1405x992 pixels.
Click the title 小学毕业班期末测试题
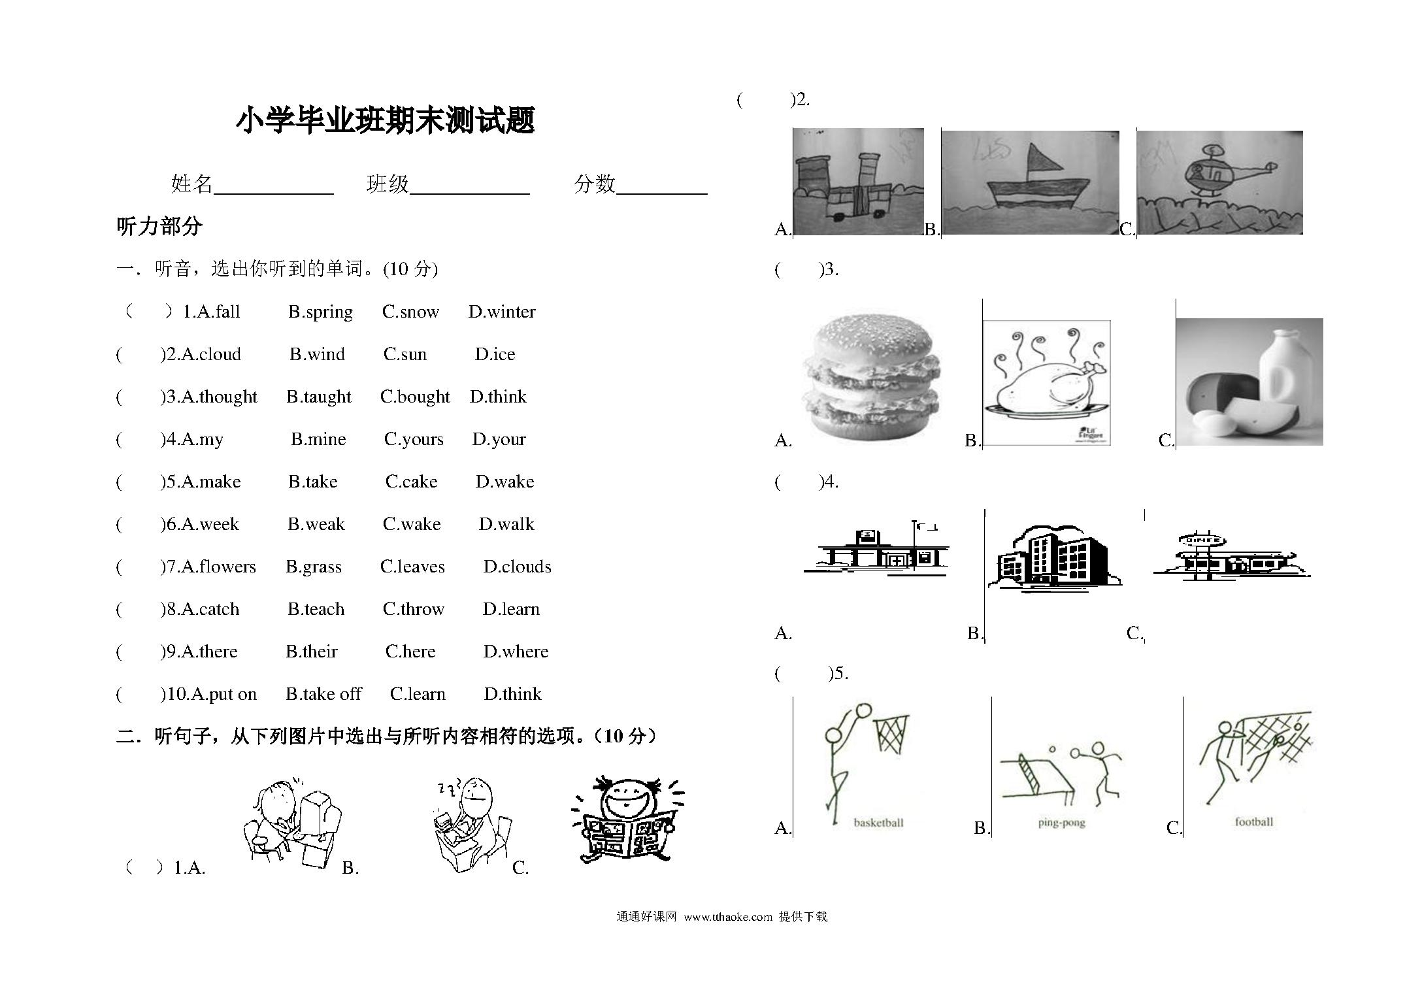(x=386, y=121)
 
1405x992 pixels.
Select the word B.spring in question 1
(x=320, y=312)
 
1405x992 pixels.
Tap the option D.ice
(x=495, y=354)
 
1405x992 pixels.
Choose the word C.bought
(x=415, y=397)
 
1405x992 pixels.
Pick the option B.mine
(x=318, y=439)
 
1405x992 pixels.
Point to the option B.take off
(x=323, y=694)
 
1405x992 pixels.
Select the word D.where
(x=516, y=652)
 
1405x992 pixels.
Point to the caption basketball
(x=878, y=823)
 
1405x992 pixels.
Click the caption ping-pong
(x=1061, y=823)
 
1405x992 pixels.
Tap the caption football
(x=1253, y=822)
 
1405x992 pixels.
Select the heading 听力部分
(x=159, y=227)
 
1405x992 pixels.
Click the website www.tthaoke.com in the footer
(x=728, y=917)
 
